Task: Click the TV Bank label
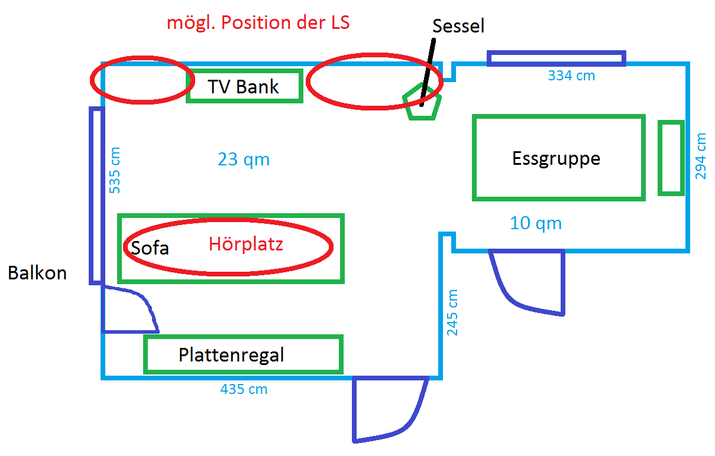click(243, 87)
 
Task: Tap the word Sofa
click(150, 247)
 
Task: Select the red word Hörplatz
click(245, 244)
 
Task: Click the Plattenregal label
click(231, 355)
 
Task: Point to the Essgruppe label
click(556, 158)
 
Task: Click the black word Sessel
click(458, 26)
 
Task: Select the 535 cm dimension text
click(115, 170)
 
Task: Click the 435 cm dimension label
click(244, 389)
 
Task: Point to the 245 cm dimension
click(452, 312)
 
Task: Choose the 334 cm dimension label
click(571, 76)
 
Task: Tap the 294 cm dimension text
click(701, 157)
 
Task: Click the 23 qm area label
click(244, 159)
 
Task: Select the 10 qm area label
click(536, 223)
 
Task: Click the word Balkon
click(37, 273)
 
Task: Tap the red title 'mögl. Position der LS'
click(258, 23)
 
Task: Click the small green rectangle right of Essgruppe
click(671, 158)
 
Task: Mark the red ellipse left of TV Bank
click(139, 80)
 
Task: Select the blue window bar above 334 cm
click(556, 58)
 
